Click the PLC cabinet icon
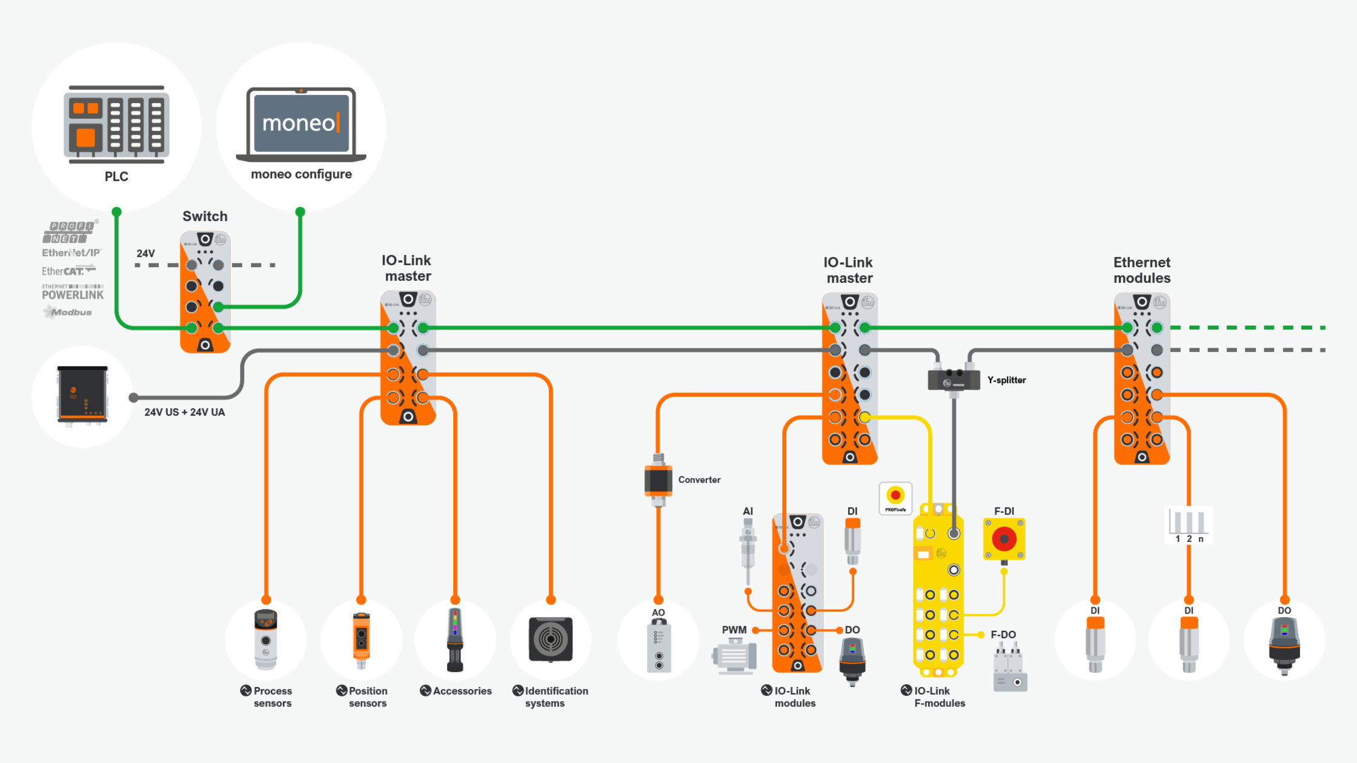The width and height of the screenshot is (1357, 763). pyautogui.click(x=116, y=125)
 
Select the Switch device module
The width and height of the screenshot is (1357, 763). pyautogui.click(x=205, y=291)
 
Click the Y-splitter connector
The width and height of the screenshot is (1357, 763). pyautogui.click(x=954, y=380)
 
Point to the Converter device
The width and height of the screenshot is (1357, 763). pyautogui.click(x=659, y=480)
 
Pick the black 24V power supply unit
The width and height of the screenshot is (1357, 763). pyautogui.click(x=82, y=395)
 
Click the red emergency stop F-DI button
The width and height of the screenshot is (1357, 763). pyautogui.click(x=1004, y=539)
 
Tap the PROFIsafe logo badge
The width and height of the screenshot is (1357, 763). pyautogui.click(x=895, y=498)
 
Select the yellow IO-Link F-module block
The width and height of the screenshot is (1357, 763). pyautogui.click(x=938, y=590)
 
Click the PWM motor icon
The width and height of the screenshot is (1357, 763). pyautogui.click(x=734, y=656)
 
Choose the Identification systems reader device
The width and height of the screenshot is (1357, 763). pyautogui.click(x=550, y=639)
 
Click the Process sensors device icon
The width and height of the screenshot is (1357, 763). pyautogui.click(x=266, y=639)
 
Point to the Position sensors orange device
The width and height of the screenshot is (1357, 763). pyautogui.click(x=361, y=639)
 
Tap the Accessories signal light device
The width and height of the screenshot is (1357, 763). pyautogui.click(x=455, y=639)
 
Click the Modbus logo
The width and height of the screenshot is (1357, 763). pyautogui.click(x=68, y=312)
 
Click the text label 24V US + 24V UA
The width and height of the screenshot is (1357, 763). pyautogui.click(x=184, y=412)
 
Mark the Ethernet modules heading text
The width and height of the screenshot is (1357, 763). pyautogui.click(x=1141, y=270)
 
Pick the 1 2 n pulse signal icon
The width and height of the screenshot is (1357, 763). pyautogui.click(x=1188, y=525)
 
